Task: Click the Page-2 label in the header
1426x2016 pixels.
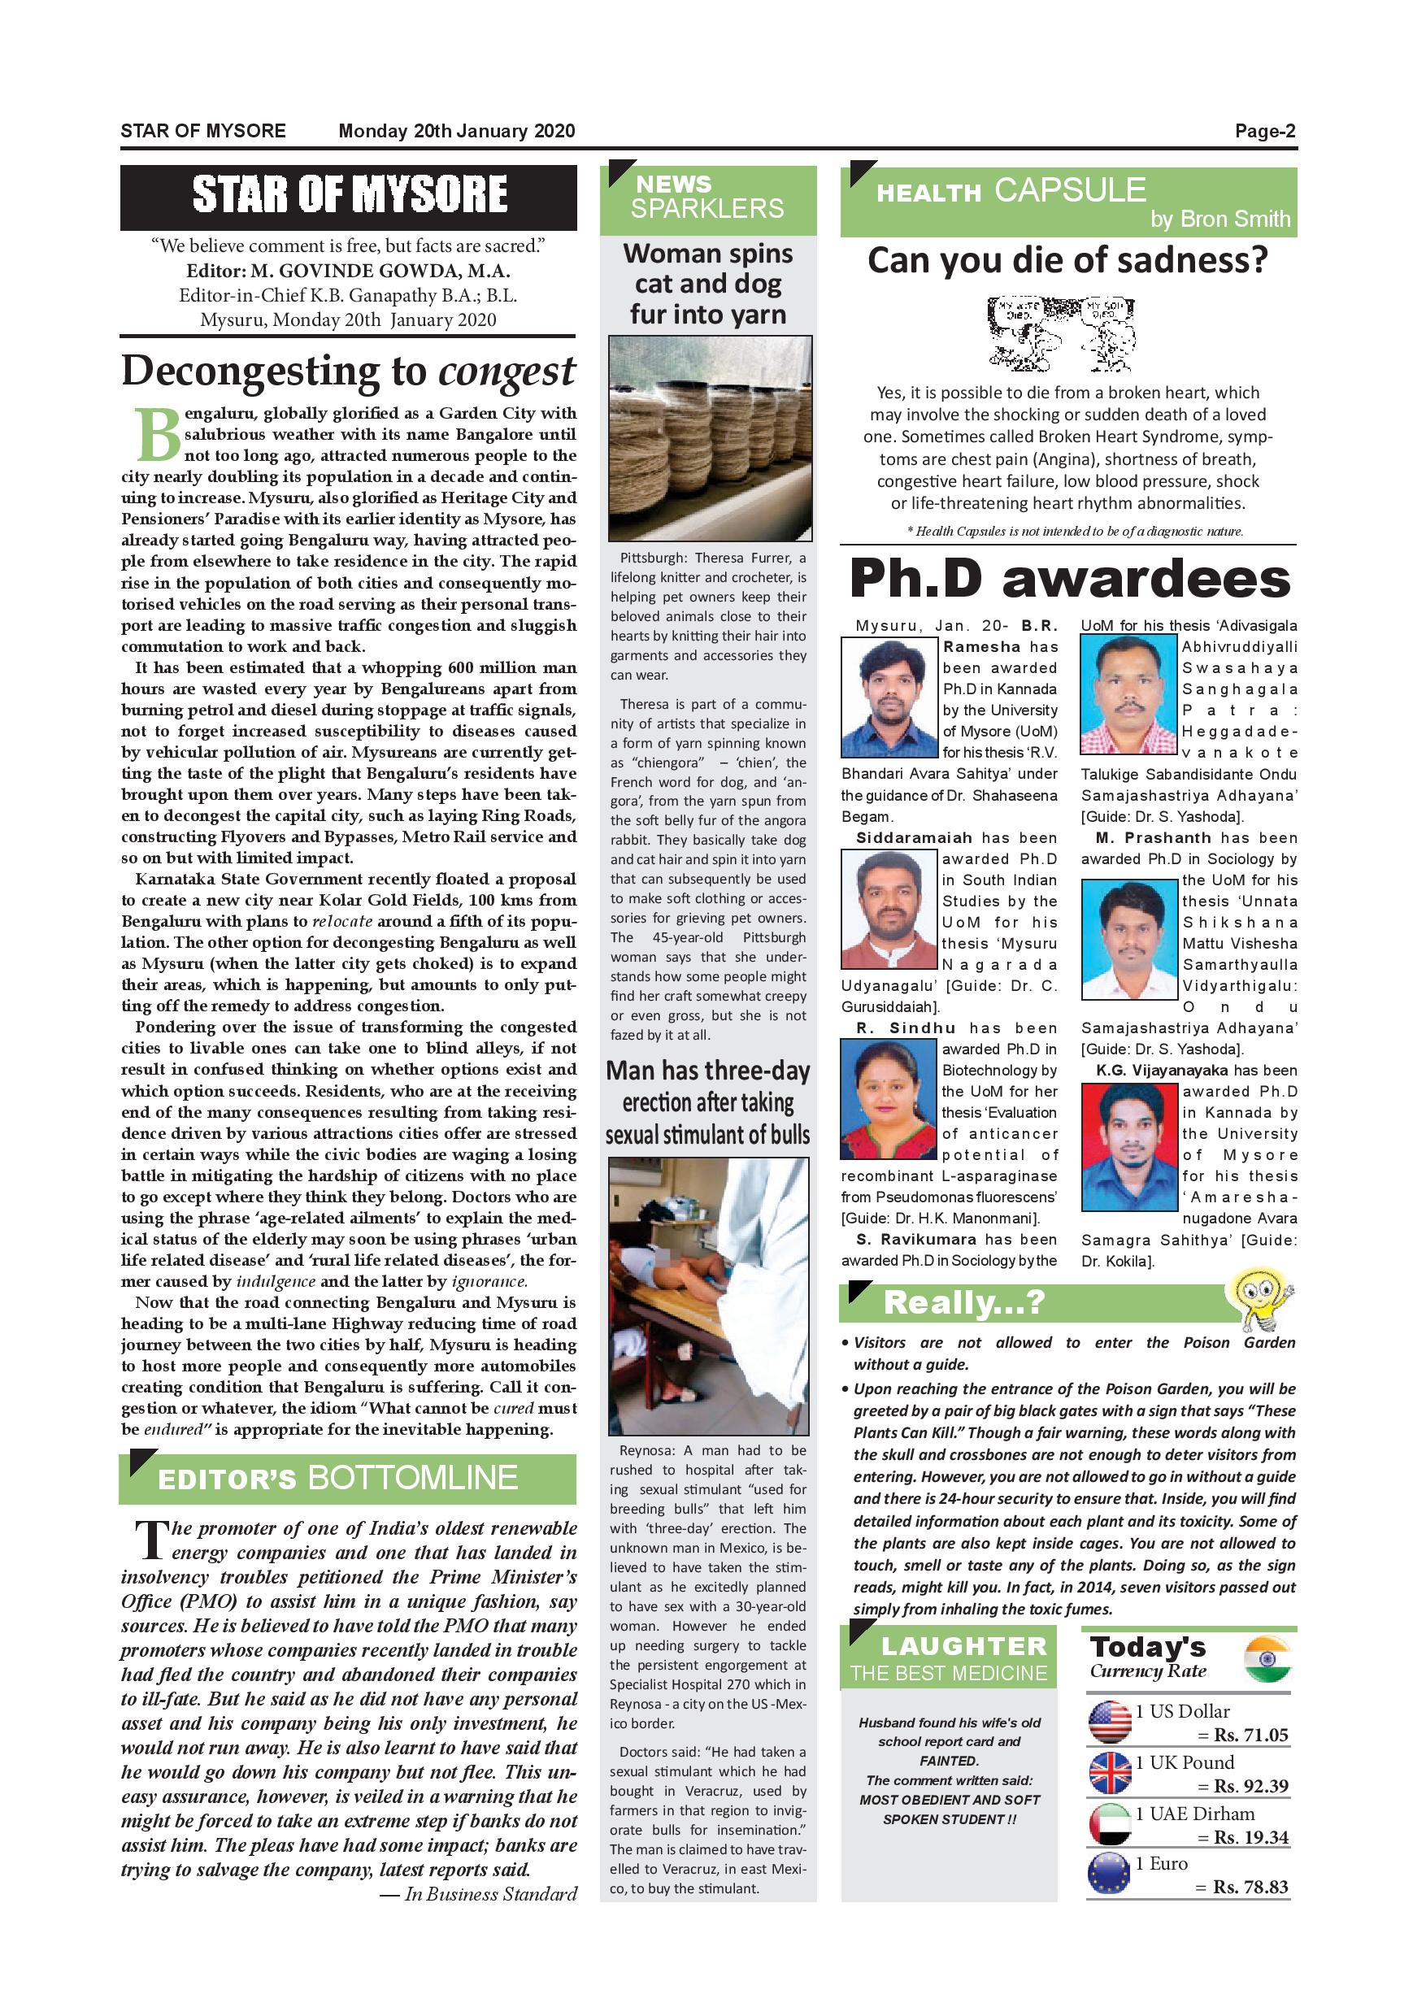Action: [1264, 132]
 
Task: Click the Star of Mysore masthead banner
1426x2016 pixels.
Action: [349, 195]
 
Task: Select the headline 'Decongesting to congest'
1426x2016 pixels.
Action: [349, 371]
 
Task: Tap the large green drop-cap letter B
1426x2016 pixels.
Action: [157, 435]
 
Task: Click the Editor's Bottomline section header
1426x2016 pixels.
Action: [348, 1479]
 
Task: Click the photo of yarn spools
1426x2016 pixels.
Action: [709, 437]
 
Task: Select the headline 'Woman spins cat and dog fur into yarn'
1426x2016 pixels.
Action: [708, 284]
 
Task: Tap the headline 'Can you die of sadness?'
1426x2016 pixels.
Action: [1067, 261]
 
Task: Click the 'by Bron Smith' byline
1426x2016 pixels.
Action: [1219, 219]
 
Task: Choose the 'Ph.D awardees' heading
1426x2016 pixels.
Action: [1070, 580]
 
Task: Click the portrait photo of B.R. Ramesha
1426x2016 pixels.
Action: [889, 697]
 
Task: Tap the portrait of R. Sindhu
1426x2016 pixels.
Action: [889, 1098]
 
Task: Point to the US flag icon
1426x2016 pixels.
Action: [1109, 1722]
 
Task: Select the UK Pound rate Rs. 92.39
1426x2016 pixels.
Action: [1250, 1786]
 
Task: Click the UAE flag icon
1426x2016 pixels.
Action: [1109, 1825]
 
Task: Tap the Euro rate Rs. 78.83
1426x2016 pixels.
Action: [1250, 1887]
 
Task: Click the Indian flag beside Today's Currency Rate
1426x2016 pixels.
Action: [1266, 1658]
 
